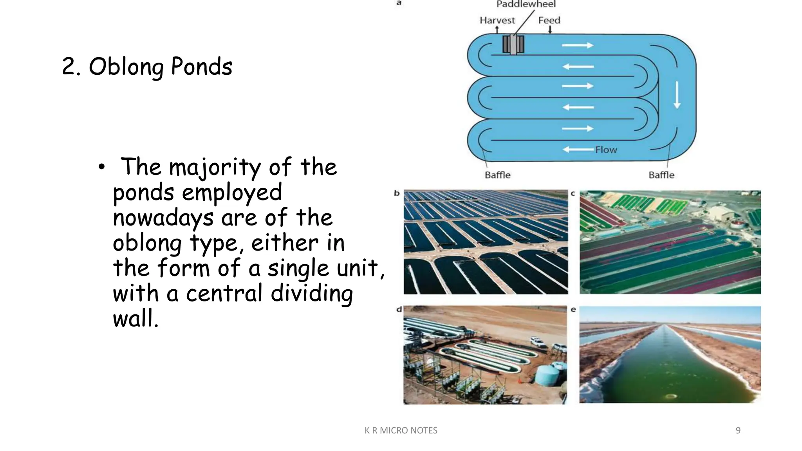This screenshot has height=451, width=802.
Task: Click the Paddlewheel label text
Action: coord(526,4)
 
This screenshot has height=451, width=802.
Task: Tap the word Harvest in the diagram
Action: coord(497,20)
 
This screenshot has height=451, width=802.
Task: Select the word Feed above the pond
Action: coord(549,20)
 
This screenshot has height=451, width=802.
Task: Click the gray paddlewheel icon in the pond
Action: coord(513,45)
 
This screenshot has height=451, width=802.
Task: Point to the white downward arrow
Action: coord(677,95)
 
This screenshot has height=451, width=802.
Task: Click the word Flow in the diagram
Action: coord(606,150)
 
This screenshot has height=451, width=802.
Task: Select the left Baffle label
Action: coord(497,175)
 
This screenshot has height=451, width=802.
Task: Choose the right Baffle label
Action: coord(661,175)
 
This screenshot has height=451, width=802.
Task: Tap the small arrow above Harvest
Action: coord(497,30)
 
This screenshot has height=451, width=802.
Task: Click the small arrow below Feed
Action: coord(550,30)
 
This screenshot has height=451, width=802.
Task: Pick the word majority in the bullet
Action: coord(215,168)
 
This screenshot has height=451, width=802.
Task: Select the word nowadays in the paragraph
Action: coord(163,218)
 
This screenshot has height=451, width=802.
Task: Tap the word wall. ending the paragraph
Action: coord(135,318)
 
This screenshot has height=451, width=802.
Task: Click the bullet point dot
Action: coord(102,167)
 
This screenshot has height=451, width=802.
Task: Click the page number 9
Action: coord(738,430)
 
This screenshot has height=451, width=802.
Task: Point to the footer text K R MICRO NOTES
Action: coord(401,430)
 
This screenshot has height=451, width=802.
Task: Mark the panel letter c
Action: coord(573,193)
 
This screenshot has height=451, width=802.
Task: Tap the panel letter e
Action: coord(573,309)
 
